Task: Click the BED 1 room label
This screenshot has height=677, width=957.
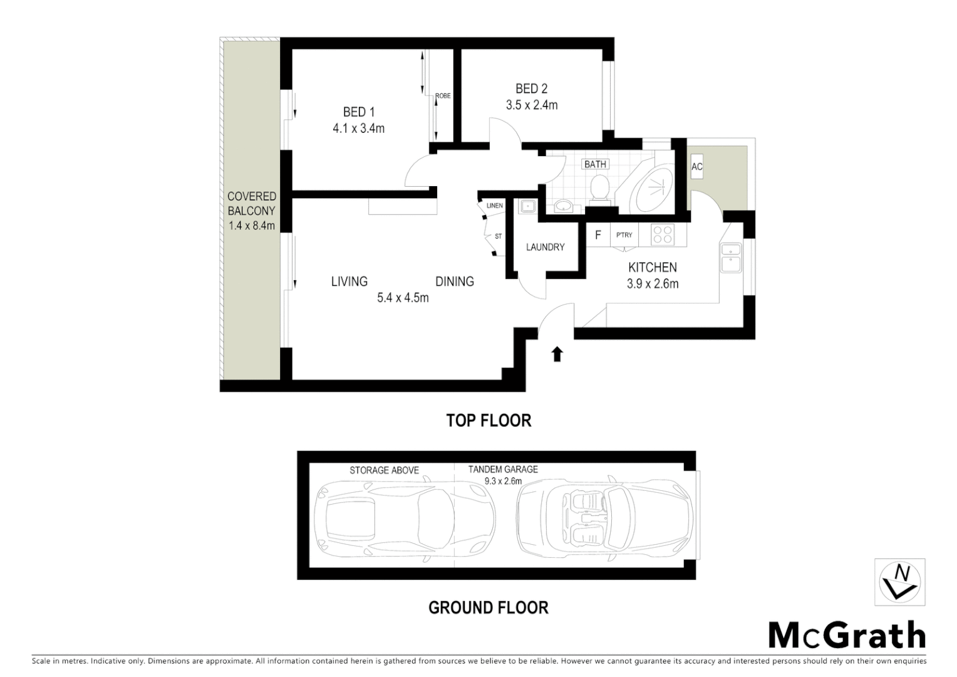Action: click(358, 112)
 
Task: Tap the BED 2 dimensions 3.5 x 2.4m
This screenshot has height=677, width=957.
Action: click(531, 105)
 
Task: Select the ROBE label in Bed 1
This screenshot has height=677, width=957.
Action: click(443, 96)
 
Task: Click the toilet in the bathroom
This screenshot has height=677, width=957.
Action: click(599, 188)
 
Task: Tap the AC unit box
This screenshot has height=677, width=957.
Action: click(696, 167)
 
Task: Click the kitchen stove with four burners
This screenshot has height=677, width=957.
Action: click(662, 235)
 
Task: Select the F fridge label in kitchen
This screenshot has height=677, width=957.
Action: click(597, 235)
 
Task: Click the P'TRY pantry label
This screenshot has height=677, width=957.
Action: click(624, 235)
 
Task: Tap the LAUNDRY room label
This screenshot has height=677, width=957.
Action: click(545, 247)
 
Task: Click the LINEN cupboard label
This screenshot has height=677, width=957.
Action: click(494, 206)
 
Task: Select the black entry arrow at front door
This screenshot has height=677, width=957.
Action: click(557, 355)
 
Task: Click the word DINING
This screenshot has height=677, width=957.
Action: click(454, 281)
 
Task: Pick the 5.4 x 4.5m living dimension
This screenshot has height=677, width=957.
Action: click(403, 298)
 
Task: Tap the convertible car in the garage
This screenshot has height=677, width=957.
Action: click(604, 518)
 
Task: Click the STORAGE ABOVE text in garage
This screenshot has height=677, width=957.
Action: click(384, 470)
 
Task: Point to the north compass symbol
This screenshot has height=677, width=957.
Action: click(899, 582)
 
